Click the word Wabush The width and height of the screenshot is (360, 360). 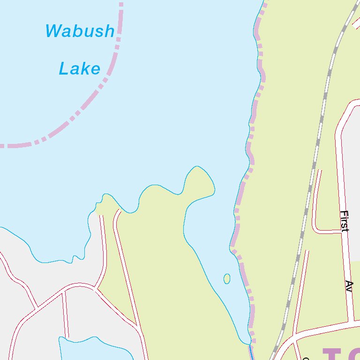(80, 31)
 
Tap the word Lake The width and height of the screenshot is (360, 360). (80, 69)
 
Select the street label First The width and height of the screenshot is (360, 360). (345, 221)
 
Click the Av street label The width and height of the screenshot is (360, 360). (349, 286)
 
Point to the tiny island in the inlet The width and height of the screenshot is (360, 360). (227, 279)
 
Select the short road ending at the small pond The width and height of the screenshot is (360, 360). (66, 314)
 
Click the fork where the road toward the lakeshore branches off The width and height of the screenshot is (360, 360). (96, 288)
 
